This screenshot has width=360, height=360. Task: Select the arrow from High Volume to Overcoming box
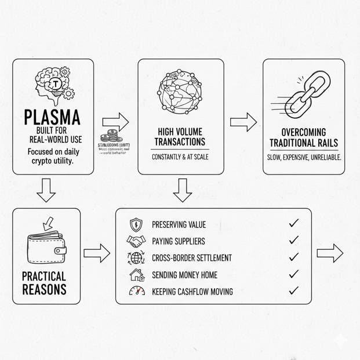coord(243,121)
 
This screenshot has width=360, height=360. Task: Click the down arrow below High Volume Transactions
coord(183,189)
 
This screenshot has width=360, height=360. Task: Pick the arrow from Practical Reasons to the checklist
coord(97,252)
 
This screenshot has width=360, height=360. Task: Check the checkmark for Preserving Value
coord(293,223)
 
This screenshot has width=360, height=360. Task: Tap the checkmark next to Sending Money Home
coord(293,274)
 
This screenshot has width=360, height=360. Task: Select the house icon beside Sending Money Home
coord(137,274)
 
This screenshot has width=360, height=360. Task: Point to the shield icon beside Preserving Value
coord(136,223)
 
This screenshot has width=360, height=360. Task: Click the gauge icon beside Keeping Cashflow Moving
coord(137,292)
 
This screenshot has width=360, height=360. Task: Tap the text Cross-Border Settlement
coord(191,258)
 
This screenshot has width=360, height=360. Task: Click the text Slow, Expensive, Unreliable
coord(304,158)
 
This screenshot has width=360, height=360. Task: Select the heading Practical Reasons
coord(44,282)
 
